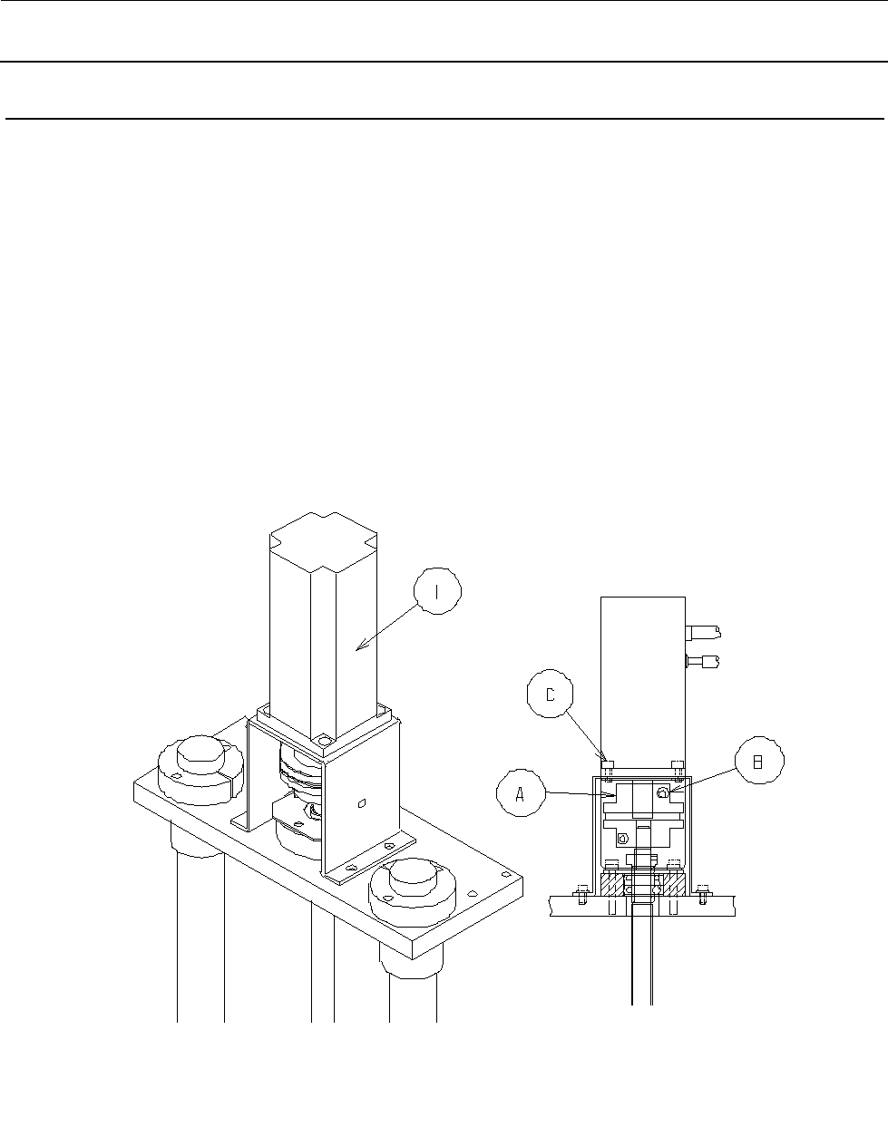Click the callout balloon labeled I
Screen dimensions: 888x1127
[437, 591]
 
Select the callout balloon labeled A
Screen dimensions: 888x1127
[521, 793]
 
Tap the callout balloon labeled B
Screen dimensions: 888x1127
[759, 761]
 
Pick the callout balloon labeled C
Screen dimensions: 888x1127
[550, 694]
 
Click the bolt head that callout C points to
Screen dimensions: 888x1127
[607, 764]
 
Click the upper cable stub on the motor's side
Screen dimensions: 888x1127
[704, 633]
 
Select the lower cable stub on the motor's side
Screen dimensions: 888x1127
[703, 662]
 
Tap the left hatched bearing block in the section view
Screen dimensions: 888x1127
[612, 885]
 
